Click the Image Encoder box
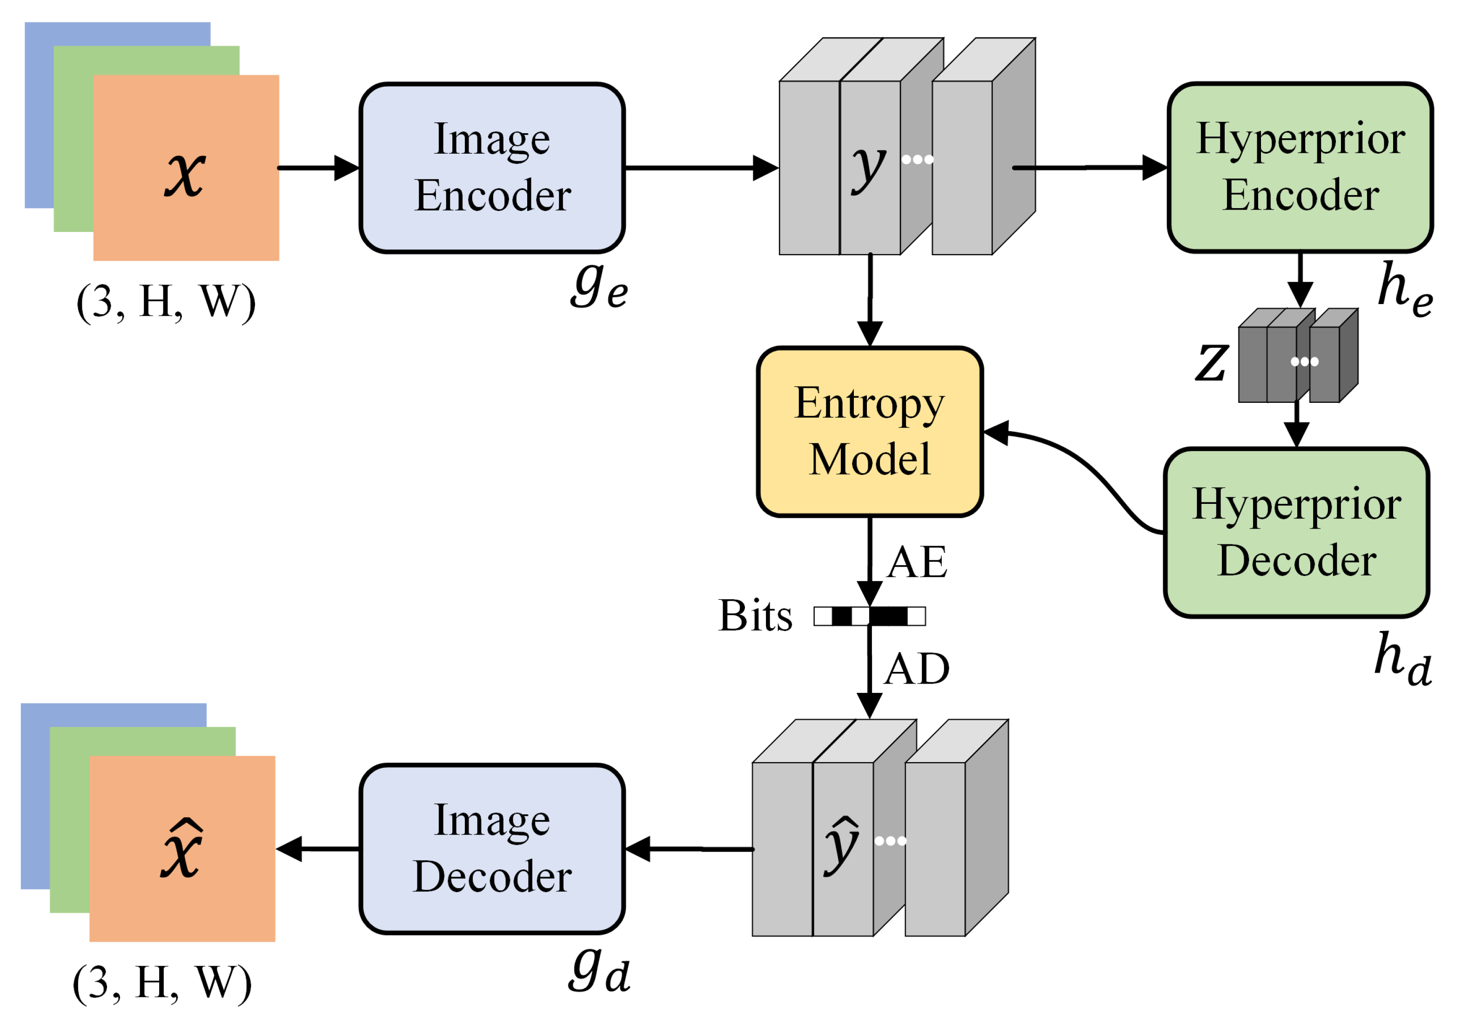[x=491, y=168]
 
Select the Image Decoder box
[x=491, y=849]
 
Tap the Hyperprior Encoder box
[x=1300, y=168]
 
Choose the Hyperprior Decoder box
[x=1296, y=533]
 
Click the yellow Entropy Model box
[x=869, y=431]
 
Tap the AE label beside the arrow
[x=917, y=562]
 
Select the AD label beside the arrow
[x=917, y=669]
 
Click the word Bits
[x=755, y=616]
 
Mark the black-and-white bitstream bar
[x=869, y=616]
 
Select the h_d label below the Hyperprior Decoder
[x=1403, y=659]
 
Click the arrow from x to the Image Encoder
[x=318, y=168]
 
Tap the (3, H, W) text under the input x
[x=166, y=302]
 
